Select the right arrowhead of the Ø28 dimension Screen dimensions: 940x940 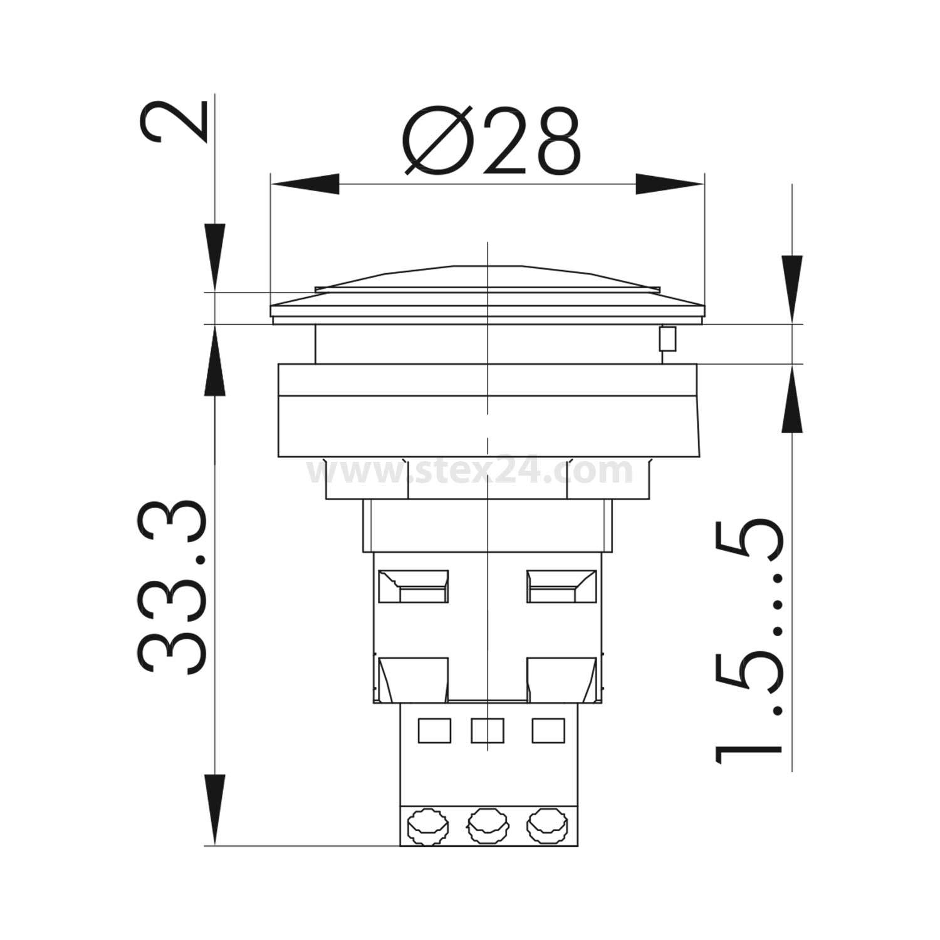669,184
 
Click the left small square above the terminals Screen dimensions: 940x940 434,731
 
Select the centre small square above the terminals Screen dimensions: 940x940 487,731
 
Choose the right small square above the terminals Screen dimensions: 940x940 548,731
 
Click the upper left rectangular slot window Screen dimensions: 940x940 414,587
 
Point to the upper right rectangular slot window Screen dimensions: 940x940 560,587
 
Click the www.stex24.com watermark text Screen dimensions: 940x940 470,471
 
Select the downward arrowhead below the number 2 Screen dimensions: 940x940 215,257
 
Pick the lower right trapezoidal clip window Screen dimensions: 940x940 560,680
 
